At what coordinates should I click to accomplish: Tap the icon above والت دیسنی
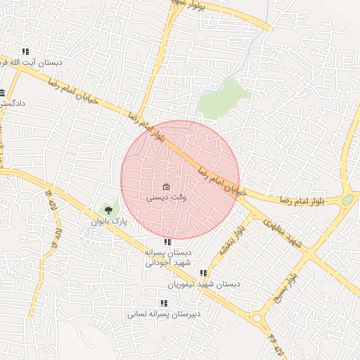[x=166, y=187]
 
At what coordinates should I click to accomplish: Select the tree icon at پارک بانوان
[x=108, y=209]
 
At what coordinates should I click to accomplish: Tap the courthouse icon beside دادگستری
[x=3, y=93]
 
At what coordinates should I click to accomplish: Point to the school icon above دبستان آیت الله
[x=26, y=51]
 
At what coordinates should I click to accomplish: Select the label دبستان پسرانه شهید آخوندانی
[x=167, y=257]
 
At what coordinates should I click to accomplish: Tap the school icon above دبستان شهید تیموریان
[x=203, y=274]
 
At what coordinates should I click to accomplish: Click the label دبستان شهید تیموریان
[x=204, y=285]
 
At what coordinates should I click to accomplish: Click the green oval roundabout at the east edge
[x=348, y=200]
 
